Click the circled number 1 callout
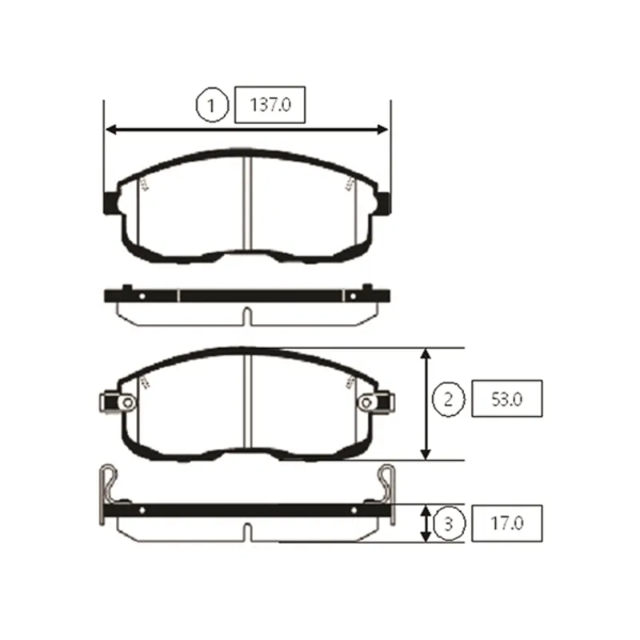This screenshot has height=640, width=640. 211,105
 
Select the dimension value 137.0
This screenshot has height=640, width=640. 270,105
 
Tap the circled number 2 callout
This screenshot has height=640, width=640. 448,399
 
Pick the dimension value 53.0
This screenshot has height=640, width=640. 506,399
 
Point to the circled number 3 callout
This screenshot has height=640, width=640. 449,523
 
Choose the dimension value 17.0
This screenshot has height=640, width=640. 506,523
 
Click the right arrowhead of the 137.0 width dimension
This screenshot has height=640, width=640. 382,130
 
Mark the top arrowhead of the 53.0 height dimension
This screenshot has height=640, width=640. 426,355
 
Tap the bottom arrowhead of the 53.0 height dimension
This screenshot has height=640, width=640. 426,453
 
